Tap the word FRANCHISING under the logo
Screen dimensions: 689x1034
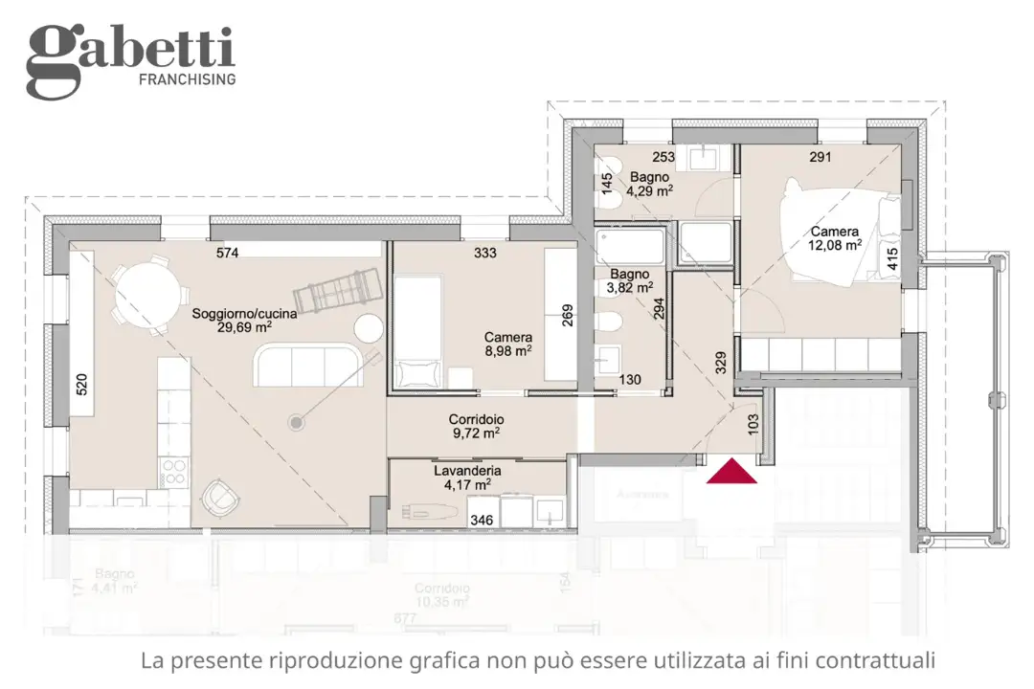(187, 79)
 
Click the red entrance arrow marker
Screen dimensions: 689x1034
(731, 471)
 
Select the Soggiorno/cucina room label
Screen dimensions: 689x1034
(244, 313)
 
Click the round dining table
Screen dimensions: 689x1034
(145, 295)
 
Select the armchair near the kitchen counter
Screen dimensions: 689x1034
(221, 497)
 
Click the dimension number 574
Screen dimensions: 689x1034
(227, 253)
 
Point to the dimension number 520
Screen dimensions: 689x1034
(81, 384)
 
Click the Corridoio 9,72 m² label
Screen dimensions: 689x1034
(476, 426)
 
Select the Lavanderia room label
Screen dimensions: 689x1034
(467, 471)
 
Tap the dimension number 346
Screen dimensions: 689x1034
(483, 520)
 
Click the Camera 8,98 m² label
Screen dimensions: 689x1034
(507, 344)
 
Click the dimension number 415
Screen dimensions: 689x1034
(893, 261)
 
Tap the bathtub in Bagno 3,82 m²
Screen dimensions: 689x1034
(629, 246)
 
